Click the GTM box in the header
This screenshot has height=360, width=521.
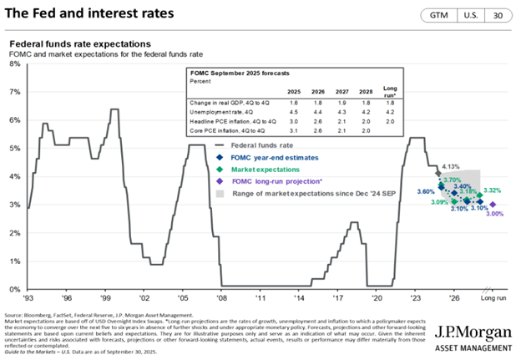437,16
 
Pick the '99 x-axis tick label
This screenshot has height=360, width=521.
106,297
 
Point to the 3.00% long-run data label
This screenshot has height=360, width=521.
493,215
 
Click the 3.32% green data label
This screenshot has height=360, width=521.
493,191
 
